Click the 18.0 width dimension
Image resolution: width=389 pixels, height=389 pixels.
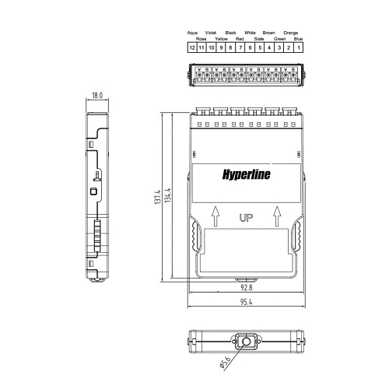(97, 95)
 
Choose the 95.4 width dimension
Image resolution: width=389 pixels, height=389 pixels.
(246, 300)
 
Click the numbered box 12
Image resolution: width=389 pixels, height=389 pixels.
(191, 47)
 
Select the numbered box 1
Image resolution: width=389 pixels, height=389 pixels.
(299, 47)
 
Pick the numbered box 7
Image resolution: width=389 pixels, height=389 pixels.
(240, 47)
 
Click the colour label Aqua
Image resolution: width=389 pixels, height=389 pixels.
(191, 33)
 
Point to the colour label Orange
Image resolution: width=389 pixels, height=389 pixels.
(290, 33)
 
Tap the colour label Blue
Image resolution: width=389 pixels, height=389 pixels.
(299, 38)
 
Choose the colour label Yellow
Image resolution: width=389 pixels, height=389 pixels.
(221, 38)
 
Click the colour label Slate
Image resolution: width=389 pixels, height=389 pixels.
(259, 38)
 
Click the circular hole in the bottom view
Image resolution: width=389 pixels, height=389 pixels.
(247, 341)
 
